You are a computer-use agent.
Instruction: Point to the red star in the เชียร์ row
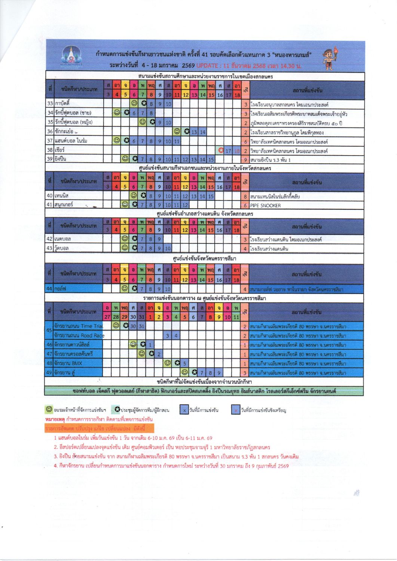pyautogui.click(x=221, y=150)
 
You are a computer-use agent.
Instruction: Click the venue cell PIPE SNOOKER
pyautogui.click(x=265, y=205)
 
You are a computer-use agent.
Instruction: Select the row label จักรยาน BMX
pyautogui.click(x=68, y=363)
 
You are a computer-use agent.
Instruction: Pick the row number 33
pyautogui.click(x=50, y=104)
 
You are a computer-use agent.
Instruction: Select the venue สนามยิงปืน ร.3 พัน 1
pyautogui.click(x=271, y=160)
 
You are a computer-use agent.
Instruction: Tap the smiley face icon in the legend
pyautogui.click(x=48, y=409)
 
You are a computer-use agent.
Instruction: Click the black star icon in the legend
pyautogui.click(x=117, y=410)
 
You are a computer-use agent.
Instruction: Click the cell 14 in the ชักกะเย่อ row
pyautogui.click(x=202, y=132)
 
